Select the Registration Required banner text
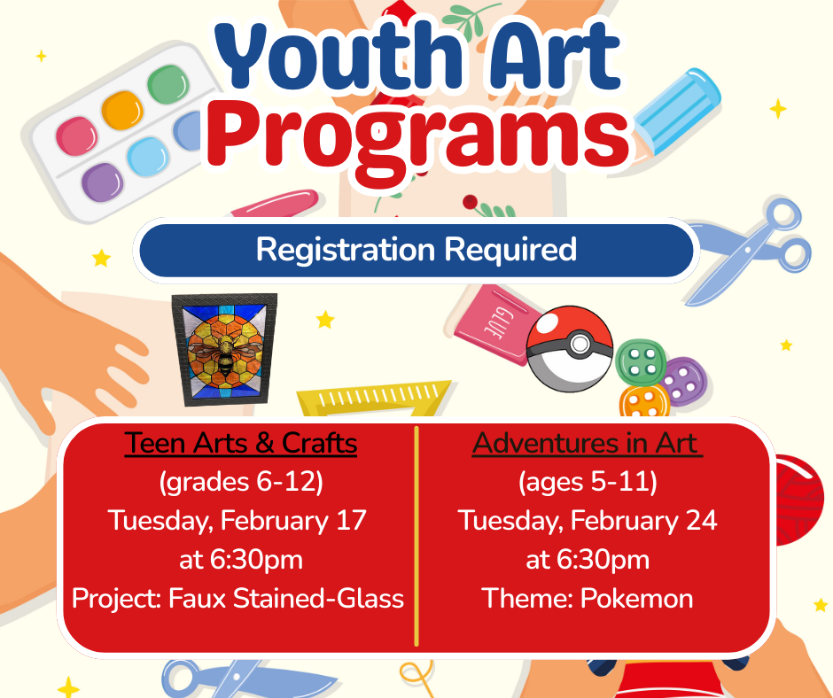coord(416,249)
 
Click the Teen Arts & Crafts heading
coord(241,443)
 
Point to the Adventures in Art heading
coord(587,443)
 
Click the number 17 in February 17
coord(351,521)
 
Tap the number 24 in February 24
coord(701,521)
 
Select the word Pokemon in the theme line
coord(636,598)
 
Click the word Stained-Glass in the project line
coord(318,599)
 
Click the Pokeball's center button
coord(579,345)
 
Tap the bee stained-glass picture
coord(225,350)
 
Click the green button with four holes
coord(642,362)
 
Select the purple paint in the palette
coord(103,182)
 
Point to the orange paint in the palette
coord(122,110)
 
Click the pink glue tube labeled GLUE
coord(493,325)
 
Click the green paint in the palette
coord(167,84)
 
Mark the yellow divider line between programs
coord(416,536)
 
